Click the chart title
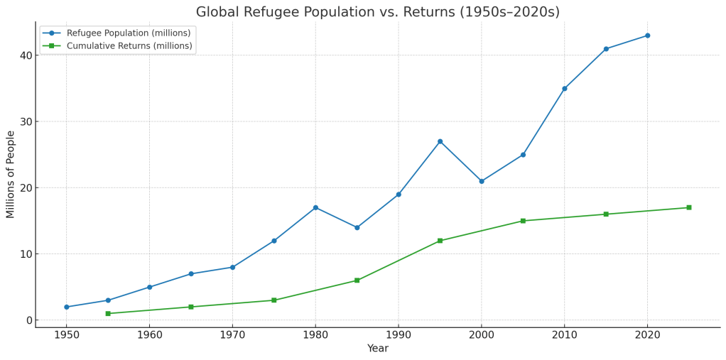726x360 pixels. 377,12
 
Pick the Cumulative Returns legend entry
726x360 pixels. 129,46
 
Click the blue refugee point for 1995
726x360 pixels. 440,141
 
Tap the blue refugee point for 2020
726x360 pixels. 647,36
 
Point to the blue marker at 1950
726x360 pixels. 67,307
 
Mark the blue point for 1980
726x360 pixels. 315,207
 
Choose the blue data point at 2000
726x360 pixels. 482,181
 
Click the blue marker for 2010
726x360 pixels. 565,89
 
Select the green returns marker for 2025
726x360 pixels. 688,207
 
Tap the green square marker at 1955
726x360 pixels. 108,313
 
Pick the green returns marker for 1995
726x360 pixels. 440,241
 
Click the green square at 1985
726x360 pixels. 357,280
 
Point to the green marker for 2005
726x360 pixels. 523,221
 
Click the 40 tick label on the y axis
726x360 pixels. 24,55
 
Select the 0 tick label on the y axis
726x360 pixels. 28,320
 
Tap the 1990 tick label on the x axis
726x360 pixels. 399,334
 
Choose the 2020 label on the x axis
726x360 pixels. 647,334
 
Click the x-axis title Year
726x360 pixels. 377,349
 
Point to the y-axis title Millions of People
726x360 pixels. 11,175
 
